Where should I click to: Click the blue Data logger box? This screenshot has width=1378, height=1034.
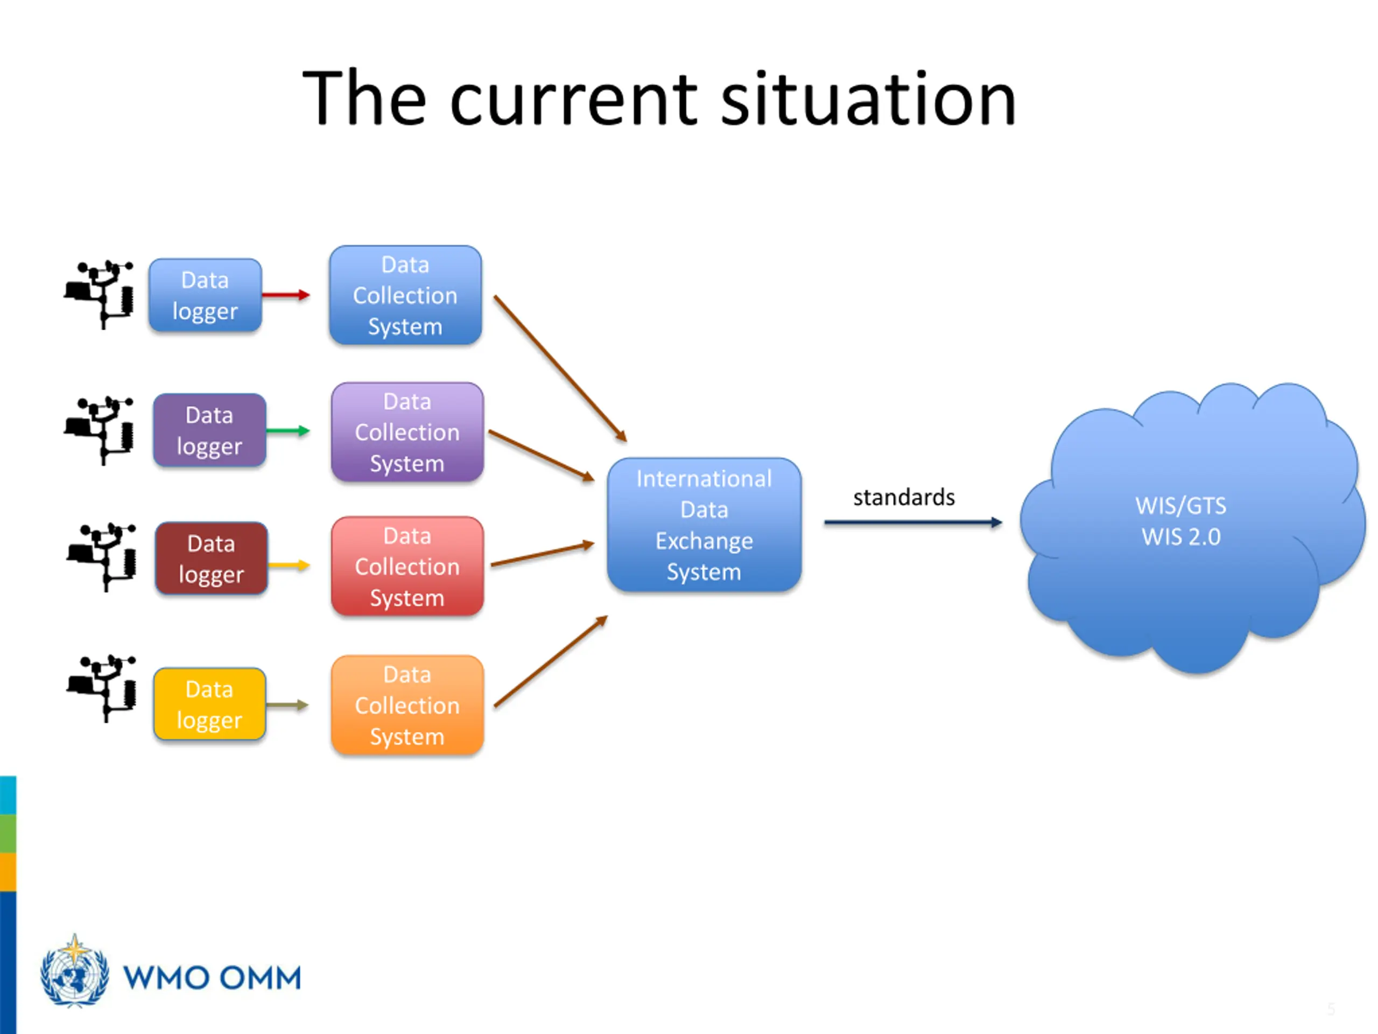click(x=205, y=296)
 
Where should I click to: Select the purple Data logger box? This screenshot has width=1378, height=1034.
click(x=209, y=430)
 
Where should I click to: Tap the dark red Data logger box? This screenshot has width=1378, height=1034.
click(x=211, y=558)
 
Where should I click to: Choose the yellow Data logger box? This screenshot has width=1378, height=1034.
click(x=209, y=704)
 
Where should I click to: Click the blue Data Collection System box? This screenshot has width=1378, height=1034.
click(x=405, y=296)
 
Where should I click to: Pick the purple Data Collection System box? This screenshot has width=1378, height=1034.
click(x=407, y=432)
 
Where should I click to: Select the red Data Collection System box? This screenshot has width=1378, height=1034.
click(x=407, y=567)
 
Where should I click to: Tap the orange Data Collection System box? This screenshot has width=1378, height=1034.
click(x=407, y=705)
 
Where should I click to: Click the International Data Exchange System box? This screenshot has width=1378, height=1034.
click(x=704, y=525)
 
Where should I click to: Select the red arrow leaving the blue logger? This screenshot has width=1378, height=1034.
click(x=285, y=295)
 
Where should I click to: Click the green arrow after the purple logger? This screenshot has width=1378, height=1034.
click(x=288, y=431)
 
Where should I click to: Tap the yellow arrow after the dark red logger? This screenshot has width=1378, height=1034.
click(x=289, y=565)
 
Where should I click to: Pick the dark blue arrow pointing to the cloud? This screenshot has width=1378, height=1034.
click(x=912, y=522)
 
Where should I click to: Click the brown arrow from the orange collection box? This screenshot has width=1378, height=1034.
click(x=550, y=661)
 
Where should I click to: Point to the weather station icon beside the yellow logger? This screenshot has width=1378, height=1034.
click(x=102, y=688)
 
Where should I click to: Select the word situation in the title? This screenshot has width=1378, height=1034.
click(x=868, y=100)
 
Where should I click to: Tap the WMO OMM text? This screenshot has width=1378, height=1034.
click(x=212, y=977)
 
